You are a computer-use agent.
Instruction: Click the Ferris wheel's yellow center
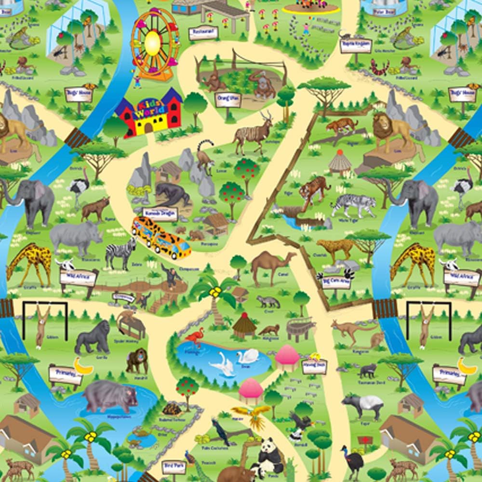[152, 42]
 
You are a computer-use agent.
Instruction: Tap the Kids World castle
[148, 114]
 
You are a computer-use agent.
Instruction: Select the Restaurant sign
[203, 33]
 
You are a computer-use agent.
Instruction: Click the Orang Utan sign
[228, 99]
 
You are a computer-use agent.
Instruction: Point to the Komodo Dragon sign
[161, 214]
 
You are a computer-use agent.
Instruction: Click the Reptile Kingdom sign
[356, 45]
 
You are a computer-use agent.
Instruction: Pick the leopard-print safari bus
[161, 238]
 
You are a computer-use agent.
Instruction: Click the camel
[271, 264]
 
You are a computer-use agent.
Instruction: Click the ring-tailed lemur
[205, 157]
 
